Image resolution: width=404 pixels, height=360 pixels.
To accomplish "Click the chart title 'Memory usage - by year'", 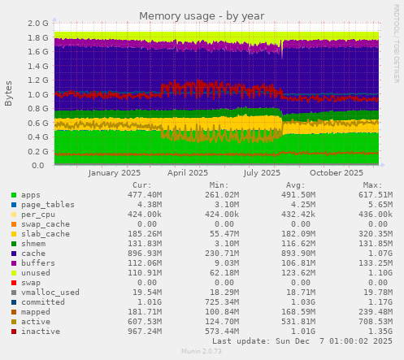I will (x=201, y=15).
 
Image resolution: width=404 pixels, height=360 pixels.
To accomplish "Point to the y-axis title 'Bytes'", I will (x=9, y=93).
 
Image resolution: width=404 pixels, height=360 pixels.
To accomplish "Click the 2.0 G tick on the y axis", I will (x=37, y=24).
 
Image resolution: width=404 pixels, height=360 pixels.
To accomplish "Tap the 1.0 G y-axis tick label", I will (x=37, y=94).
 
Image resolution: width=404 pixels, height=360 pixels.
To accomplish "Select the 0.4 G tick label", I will (x=37, y=137).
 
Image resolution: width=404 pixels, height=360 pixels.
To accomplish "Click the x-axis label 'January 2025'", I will (x=114, y=172).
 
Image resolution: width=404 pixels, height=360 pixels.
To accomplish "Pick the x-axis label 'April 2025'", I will (x=187, y=172).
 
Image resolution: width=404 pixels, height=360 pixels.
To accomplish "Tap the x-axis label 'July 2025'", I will (x=262, y=172).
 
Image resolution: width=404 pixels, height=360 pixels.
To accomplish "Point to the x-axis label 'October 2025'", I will (x=336, y=172).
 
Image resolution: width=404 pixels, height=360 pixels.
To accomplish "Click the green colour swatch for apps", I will (x=14, y=195).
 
